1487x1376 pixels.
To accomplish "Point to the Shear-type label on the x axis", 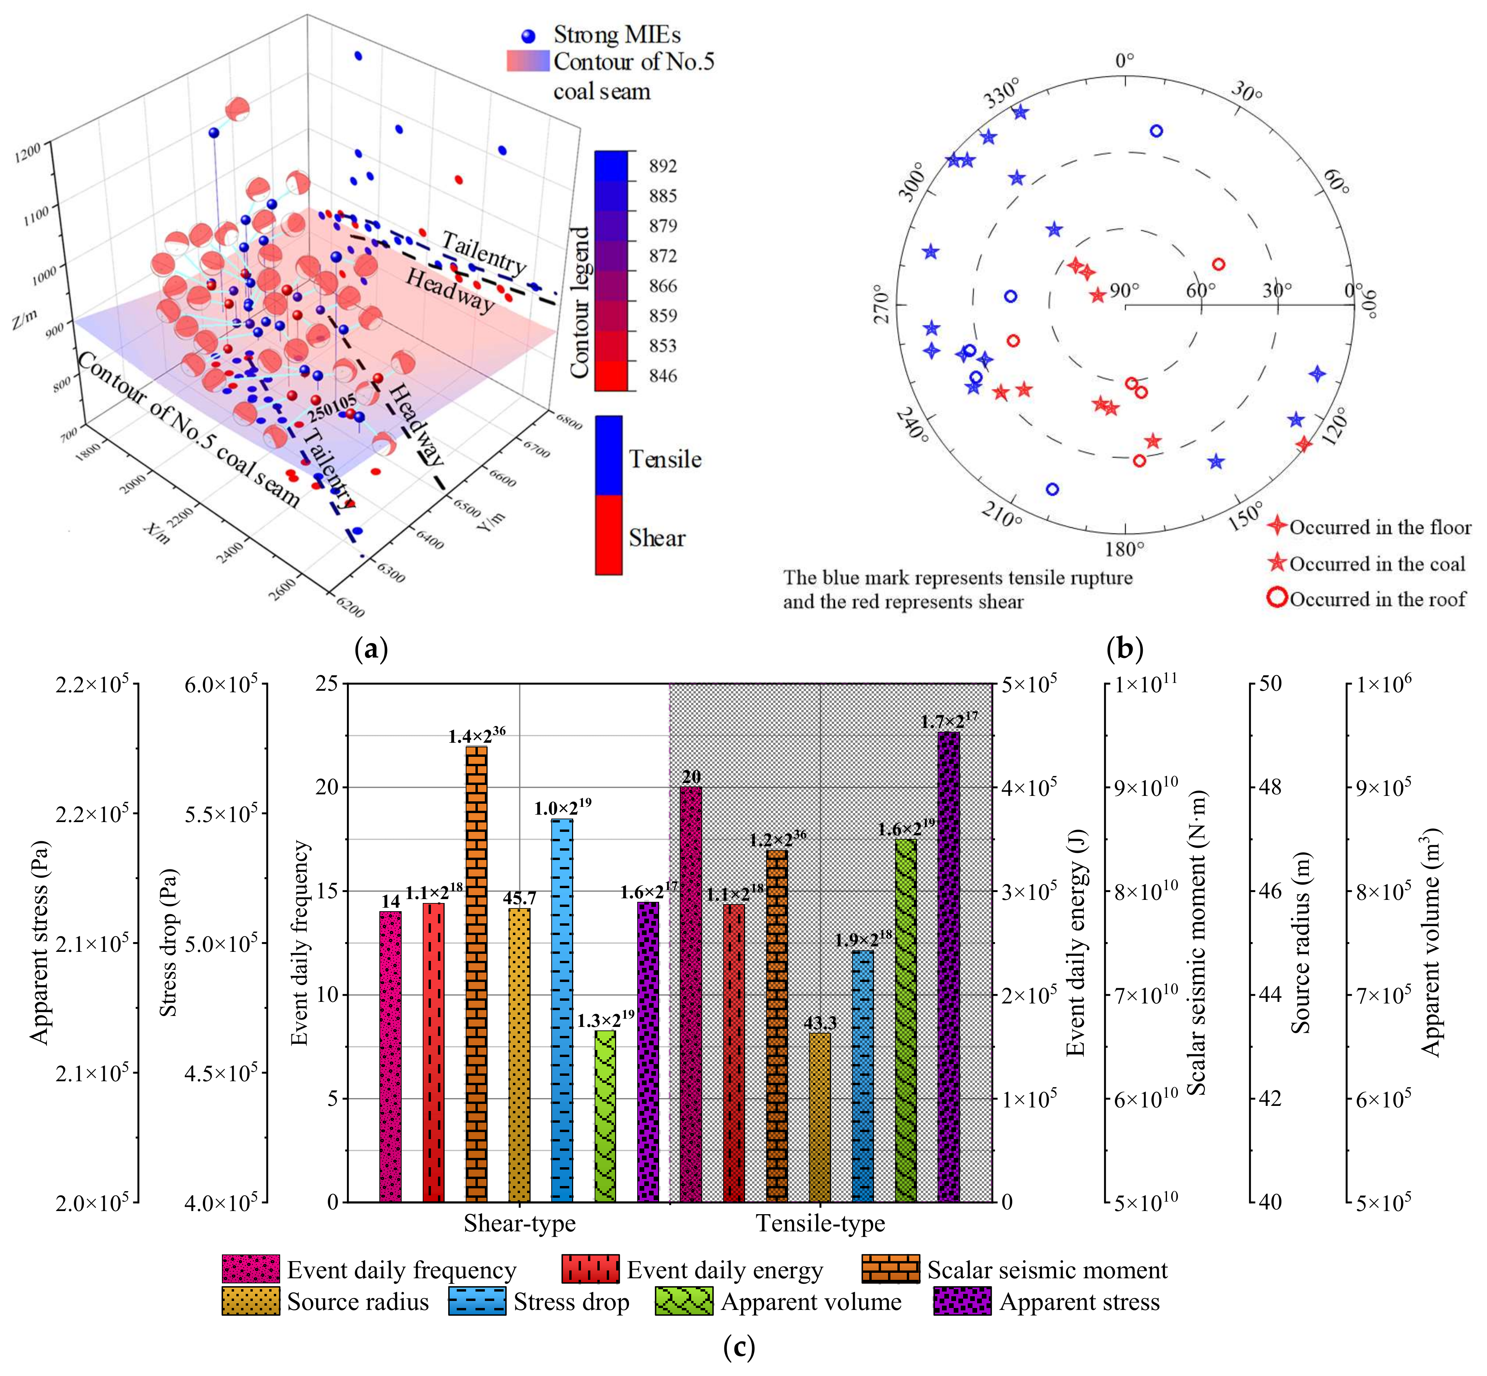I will tap(520, 1224).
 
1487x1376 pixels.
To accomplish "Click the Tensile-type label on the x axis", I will tap(820, 1224).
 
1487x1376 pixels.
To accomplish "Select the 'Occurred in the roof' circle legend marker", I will tap(1277, 598).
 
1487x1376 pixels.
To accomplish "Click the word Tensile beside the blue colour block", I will tap(665, 459).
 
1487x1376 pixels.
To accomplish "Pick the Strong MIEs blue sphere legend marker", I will tap(528, 36).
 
